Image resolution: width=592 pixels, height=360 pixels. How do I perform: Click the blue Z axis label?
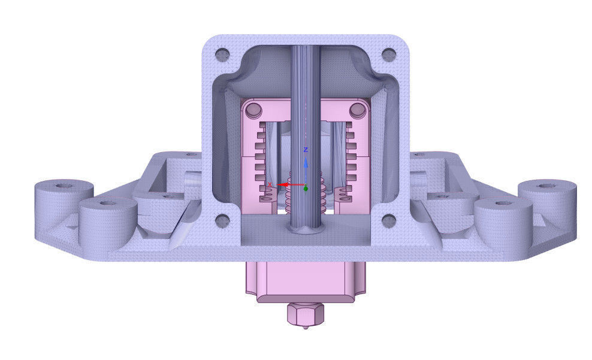305,149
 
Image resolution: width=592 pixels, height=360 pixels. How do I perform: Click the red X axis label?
270,184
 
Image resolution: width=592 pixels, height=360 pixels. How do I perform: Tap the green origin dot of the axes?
306,189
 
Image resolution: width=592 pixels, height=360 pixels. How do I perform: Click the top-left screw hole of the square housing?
223,55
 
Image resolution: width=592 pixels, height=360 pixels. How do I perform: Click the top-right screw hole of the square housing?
389,55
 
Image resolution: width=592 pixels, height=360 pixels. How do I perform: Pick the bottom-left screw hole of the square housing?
222,220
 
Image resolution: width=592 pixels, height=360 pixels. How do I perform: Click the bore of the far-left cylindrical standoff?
64,186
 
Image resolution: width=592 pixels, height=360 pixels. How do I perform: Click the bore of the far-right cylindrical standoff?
547,186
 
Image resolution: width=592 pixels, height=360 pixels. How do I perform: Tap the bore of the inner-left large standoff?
107,203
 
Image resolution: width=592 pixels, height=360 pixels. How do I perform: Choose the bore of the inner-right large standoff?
503,203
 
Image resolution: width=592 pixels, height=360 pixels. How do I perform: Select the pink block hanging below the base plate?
306,282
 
